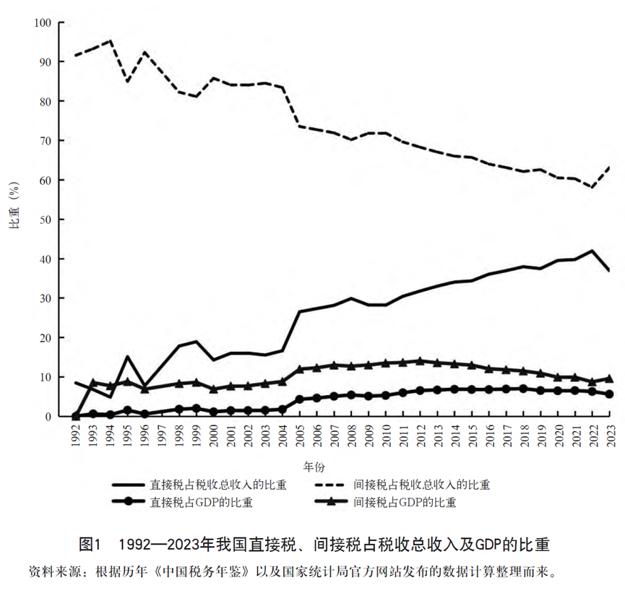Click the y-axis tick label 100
coord(43,22)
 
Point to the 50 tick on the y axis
coord(46,220)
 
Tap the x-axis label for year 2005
coord(300,436)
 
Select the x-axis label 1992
coord(76,436)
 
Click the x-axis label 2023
coord(611,436)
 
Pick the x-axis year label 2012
coord(421,436)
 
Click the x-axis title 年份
coord(314,467)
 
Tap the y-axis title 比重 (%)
coord(14,206)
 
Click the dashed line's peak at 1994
coord(111,40)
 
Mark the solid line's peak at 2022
coord(592,250)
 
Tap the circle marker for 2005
coord(300,399)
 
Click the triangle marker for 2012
coord(420,361)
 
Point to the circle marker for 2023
coord(609,394)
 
